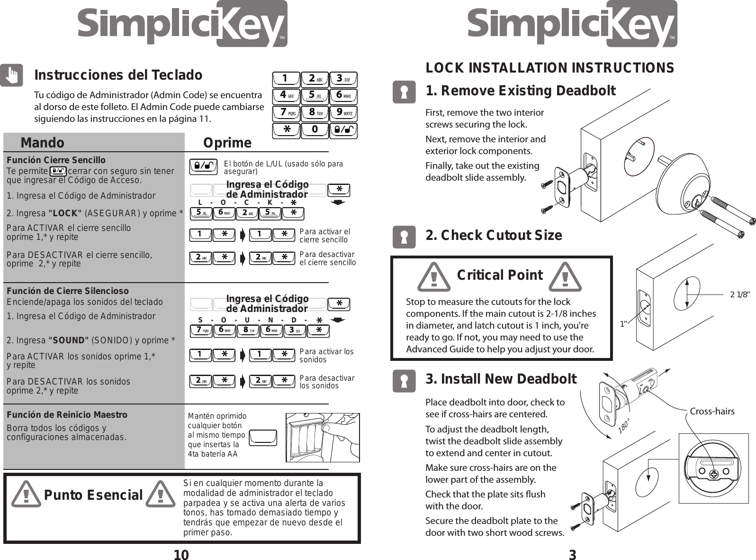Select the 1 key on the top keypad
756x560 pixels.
tap(286, 78)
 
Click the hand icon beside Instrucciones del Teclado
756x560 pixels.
tap(11, 75)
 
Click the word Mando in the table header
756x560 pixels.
tap(42, 143)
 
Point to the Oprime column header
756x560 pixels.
tap(227, 143)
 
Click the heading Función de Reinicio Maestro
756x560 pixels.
tap(67, 414)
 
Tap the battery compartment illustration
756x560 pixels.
tap(322, 437)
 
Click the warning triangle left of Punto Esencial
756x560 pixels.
tap(27, 495)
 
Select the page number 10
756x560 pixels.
tap(181, 555)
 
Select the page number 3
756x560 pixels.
tap(572, 555)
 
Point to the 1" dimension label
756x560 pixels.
tap(624, 324)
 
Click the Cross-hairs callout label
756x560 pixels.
tap(712, 411)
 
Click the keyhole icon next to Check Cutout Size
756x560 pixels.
tap(404, 237)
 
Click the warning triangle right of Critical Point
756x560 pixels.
tap(565, 276)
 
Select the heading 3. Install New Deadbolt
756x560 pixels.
tap(501, 379)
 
